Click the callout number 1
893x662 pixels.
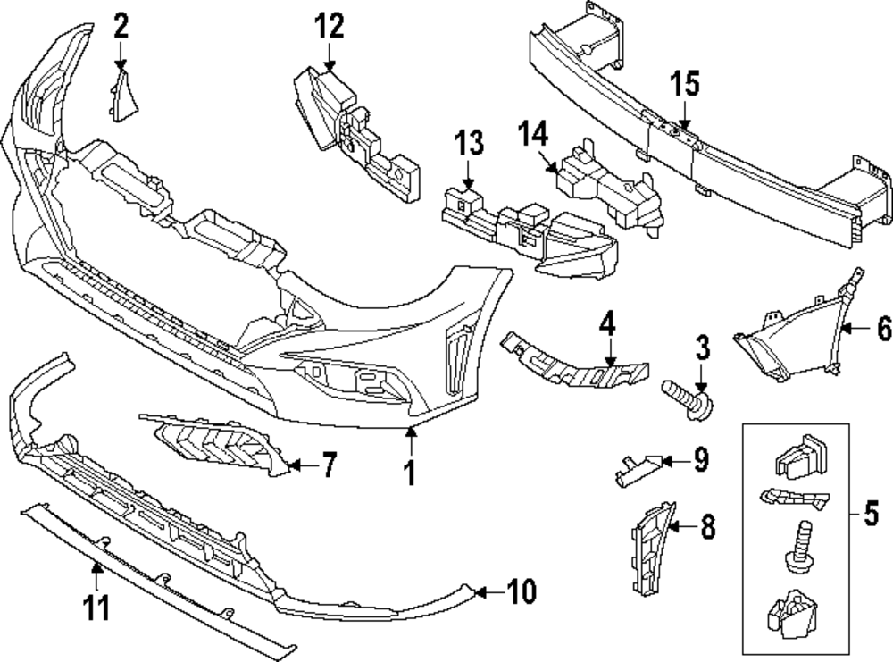point(410,471)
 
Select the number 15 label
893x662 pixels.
point(685,87)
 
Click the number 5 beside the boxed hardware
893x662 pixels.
point(870,515)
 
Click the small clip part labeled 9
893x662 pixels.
point(637,465)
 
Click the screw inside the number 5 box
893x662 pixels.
point(800,546)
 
